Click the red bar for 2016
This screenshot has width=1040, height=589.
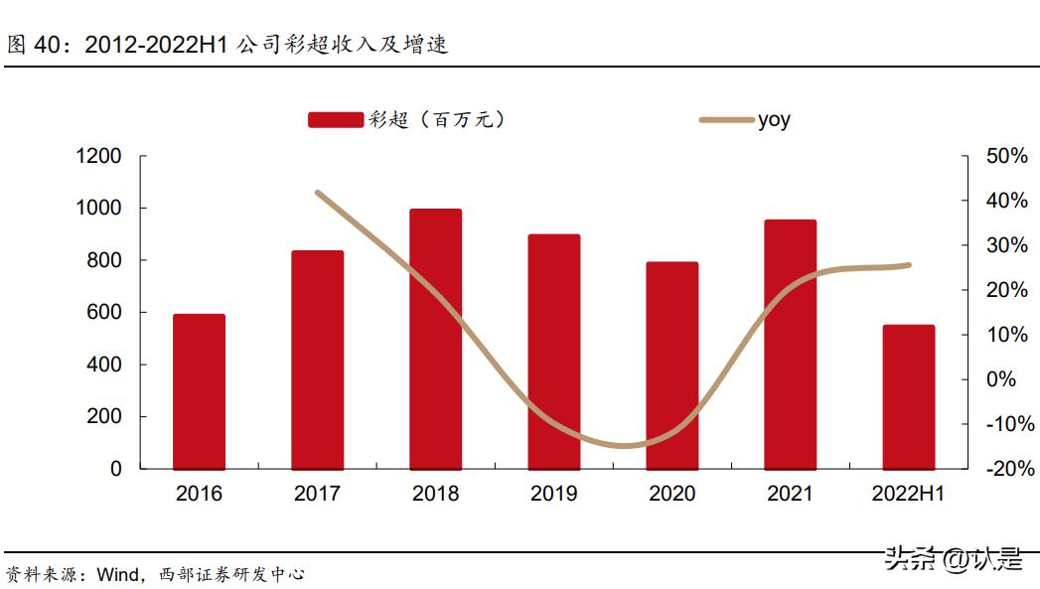coord(199,391)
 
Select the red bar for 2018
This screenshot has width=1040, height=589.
coord(435,339)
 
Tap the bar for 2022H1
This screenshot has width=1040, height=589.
coord(909,396)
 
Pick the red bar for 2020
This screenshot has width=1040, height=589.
coord(672,366)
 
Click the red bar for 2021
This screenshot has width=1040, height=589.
coord(791,344)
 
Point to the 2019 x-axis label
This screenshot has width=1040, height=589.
coord(554,494)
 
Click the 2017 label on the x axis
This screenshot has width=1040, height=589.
coord(317,494)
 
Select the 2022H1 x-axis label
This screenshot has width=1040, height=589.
coord(908,494)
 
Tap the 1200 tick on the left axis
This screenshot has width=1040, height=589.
coord(98,157)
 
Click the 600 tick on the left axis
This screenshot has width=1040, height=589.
coord(104,313)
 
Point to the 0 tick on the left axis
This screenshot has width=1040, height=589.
coord(116,469)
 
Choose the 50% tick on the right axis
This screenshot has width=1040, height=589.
coord(1006,157)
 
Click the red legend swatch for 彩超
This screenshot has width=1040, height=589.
coord(335,120)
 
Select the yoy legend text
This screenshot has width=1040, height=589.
coord(774,120)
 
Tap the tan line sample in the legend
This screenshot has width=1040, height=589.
coord(726,120)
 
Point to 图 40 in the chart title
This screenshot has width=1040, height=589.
coord(35,45)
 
